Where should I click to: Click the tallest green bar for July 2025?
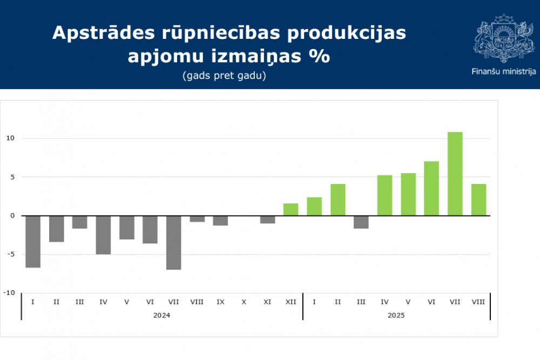pos(455,174)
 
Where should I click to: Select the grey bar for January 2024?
pos(33,241)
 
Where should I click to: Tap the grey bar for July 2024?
pos(173,242)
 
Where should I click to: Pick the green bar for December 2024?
pos(291,209)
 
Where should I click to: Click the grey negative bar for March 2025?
pos(361,222)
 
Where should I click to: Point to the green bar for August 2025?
pos(478,200)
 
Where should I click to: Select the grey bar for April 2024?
pos(103,235)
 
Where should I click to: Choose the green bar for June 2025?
pos(431,188)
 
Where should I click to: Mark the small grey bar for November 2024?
pos(267,219)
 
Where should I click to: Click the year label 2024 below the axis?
pos(161,315)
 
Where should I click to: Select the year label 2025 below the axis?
pos(396,315)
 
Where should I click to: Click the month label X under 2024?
pos(244,302)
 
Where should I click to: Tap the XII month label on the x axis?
pos(291,302)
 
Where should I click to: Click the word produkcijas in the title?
pos(346,33)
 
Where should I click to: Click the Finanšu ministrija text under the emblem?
pos(503,71)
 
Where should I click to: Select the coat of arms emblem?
pos(503,41)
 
